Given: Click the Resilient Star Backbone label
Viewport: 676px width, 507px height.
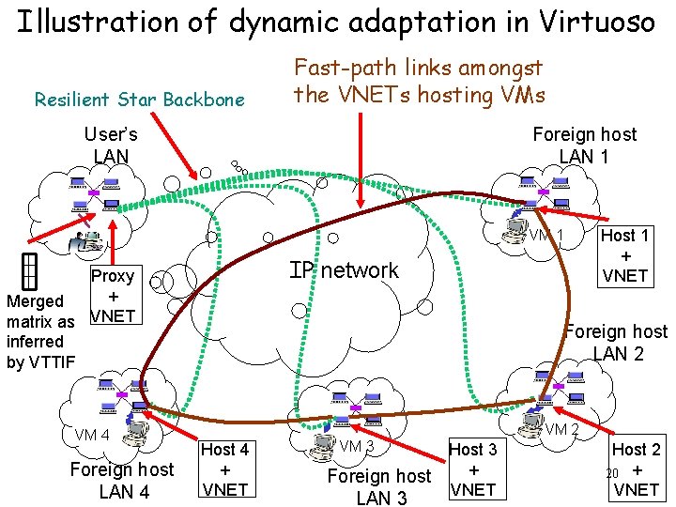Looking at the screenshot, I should [x=139, y=100].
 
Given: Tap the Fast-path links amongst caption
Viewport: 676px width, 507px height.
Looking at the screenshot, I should [x=419, y=69].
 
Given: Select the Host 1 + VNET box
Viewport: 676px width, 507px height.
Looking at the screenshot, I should [x=624, y=255].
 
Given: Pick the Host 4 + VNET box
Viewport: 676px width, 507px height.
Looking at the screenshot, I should [x=225, y=469].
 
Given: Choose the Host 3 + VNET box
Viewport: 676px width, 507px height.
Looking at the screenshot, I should [x=474, y=469].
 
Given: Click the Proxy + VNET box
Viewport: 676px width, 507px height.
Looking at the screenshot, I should [x=114, y=296].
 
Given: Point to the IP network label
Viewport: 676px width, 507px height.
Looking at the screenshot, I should [x=344, y=270].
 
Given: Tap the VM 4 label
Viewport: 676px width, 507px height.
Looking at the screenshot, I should [x=93, y=435].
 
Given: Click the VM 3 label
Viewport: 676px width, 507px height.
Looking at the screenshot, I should [x=357, y=445].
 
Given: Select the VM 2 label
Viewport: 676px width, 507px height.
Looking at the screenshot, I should [x=562, y=429].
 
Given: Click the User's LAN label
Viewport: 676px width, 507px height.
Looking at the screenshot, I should [x=111, y=145].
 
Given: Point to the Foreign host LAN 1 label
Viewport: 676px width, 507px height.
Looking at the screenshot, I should [x=584, y=145].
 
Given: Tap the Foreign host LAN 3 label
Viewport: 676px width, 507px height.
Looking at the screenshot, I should [x=379, y=486].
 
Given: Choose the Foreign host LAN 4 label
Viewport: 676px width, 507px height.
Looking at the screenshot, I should [x=122, y=480].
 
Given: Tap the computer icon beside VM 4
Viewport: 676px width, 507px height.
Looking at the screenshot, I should [x=137, y=427].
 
